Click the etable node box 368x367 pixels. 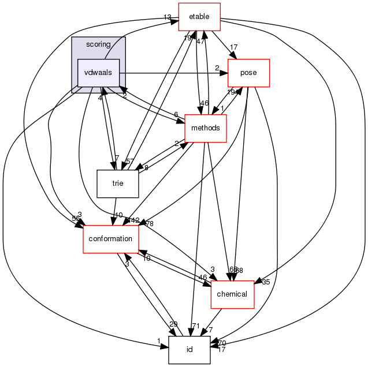pyautogui.click(x=199, y=17)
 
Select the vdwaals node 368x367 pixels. pyautogui.click(x=99, y=73)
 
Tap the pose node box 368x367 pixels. pyautogui.click(x=249, y=73)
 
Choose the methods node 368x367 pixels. pyautogui.click(x=205, y=128)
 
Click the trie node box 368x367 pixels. pyautogui.click(x=118, y=183)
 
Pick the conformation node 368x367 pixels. pyautogui.click(x=110, y=238)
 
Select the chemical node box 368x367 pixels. pyautogui.click(x=232, y=294)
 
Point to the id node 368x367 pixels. pyautogui.click(x=189, y=350)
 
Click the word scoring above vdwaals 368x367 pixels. pyautogui.click(x=98, y=44)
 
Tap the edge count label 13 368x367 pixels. pyautogui.click(x=168, y=17)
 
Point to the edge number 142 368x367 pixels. pyautogui.click(x=133, y=220)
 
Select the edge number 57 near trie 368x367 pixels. pyautogui.click(x=130, y=161)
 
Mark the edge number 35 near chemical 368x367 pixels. pyautogui.click(x=266, y=282)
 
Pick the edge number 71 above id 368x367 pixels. pyautogui.click(x=195, y=326)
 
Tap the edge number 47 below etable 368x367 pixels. pyautogui.click(x=200, y=42)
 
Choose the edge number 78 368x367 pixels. pyautogui.click(x=149, y=223)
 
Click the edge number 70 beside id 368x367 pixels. pyautogui.click(x=221, y=343)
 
